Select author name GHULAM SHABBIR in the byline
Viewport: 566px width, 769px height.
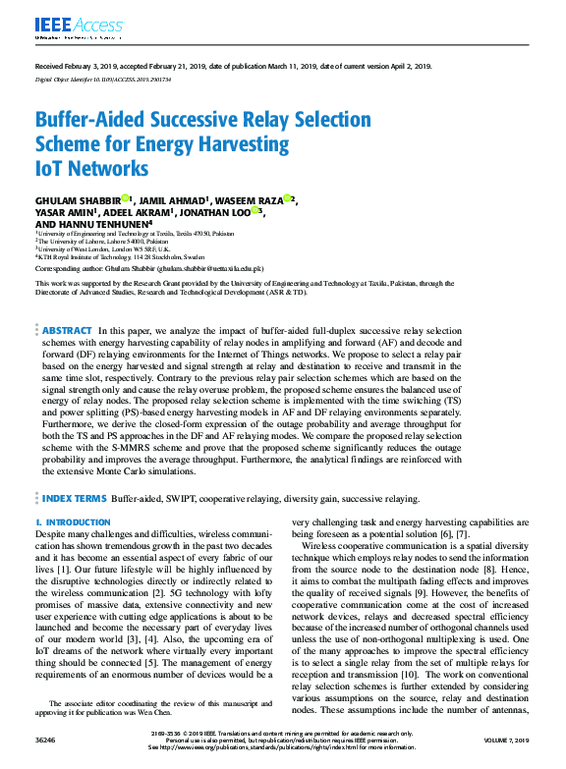pos(77,200)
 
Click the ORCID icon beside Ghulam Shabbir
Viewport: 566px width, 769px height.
pos(127,198)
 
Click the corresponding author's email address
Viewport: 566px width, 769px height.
pos(209,268)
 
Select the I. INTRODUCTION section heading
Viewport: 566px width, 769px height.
pos(73,522)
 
